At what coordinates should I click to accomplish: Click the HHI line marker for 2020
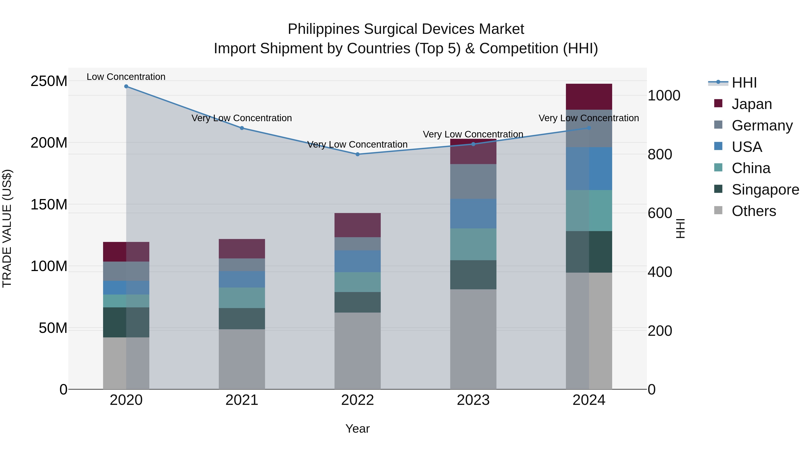pos(126,86)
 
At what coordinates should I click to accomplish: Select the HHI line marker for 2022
pos(358,154)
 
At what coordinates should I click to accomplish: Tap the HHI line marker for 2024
pos(589,128)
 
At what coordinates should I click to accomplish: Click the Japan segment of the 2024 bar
pos(589,97)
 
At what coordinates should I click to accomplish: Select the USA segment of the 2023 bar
pos(473,213)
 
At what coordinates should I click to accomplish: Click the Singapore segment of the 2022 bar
pos(358,302)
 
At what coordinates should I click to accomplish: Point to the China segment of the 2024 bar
pos(589,210)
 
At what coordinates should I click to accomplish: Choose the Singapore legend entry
pos(765,190)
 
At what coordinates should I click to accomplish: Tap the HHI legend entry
pos(744,83)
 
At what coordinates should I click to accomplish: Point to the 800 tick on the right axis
pos(660,155)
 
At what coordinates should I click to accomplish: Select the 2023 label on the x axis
pos(473,400)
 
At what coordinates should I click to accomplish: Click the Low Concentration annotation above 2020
pos(126,77)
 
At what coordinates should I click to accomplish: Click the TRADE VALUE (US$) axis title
pos(7,228)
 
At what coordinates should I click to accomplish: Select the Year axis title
pos(358,429)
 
